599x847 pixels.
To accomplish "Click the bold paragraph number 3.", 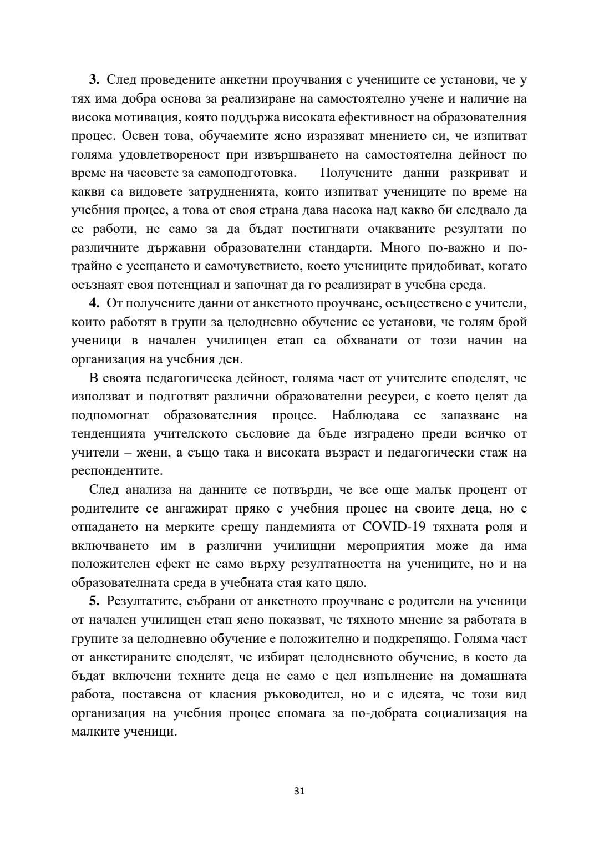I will pyautogui.click(x=94, y=80).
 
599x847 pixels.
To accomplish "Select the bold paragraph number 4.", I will pyautogui.click(x=94, y=303).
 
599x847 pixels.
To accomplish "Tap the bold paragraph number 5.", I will pyautogui.click(x=94, y=601).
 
